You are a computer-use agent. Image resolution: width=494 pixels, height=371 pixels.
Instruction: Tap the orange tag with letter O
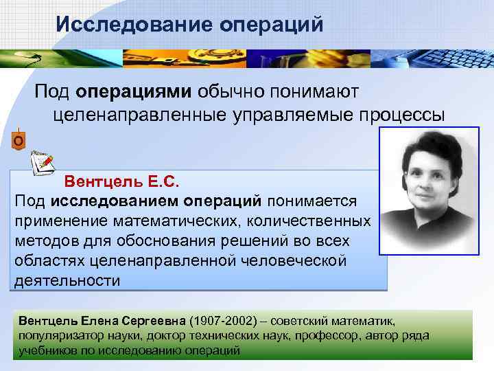pyautogui.click(x=19, y=140)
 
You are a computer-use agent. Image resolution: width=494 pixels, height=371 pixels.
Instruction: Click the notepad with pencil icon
pyautogui.click(x=43, y=161)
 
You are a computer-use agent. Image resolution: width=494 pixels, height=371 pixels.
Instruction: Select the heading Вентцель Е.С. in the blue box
pyautogui.click(x=121, y=182)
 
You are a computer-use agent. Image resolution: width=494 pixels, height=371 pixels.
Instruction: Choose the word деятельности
pyautogui.click(x=67, y=281)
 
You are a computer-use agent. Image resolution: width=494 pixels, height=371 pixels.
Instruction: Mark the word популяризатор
pyautogui.click(x=55, y=335)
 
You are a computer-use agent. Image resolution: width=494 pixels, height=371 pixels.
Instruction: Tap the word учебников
pyautogui.click(x=45, y=350)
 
